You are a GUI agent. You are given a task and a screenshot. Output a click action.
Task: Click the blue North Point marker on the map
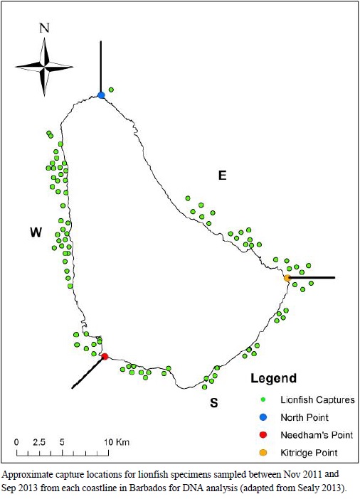pos(101,95)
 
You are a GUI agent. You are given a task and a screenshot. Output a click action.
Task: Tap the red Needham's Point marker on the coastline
pos(105,356)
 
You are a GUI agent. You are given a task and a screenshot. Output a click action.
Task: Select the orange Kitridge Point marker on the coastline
pos(287,278)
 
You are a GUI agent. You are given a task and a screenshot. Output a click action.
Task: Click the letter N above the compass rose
pos(44,28)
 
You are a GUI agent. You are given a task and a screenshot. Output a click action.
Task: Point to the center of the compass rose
pos(44,67)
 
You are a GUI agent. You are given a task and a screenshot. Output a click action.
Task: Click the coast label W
pos(36,232)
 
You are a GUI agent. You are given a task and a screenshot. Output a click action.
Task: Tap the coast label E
pos(223,176)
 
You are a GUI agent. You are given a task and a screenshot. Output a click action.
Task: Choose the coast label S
pos(214,403)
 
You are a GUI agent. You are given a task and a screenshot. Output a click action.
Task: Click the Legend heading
pos(274,378)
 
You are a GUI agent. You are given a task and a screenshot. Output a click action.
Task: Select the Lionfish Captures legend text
pos(317,399)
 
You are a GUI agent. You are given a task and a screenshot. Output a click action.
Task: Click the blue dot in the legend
pos(263,417)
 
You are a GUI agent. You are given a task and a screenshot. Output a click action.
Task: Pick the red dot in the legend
pos(263,435)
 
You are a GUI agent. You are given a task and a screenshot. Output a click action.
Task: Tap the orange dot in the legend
pos(263,453)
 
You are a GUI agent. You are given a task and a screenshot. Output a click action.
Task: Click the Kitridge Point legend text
pos(309,453)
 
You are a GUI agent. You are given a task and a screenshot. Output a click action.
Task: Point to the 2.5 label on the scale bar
pos(39,442)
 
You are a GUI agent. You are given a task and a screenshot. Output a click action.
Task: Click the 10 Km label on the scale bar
pos(117,442)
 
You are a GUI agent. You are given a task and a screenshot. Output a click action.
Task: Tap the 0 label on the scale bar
pos(16,442)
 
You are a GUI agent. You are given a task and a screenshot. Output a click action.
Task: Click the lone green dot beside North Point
pos(111,90)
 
